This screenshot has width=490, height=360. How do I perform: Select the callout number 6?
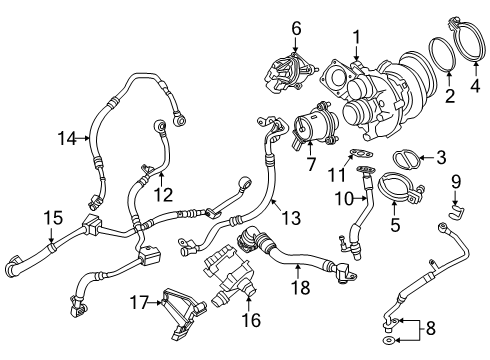click(x=295, y=29)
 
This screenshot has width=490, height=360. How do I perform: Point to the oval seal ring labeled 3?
click(x=405, y=158)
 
